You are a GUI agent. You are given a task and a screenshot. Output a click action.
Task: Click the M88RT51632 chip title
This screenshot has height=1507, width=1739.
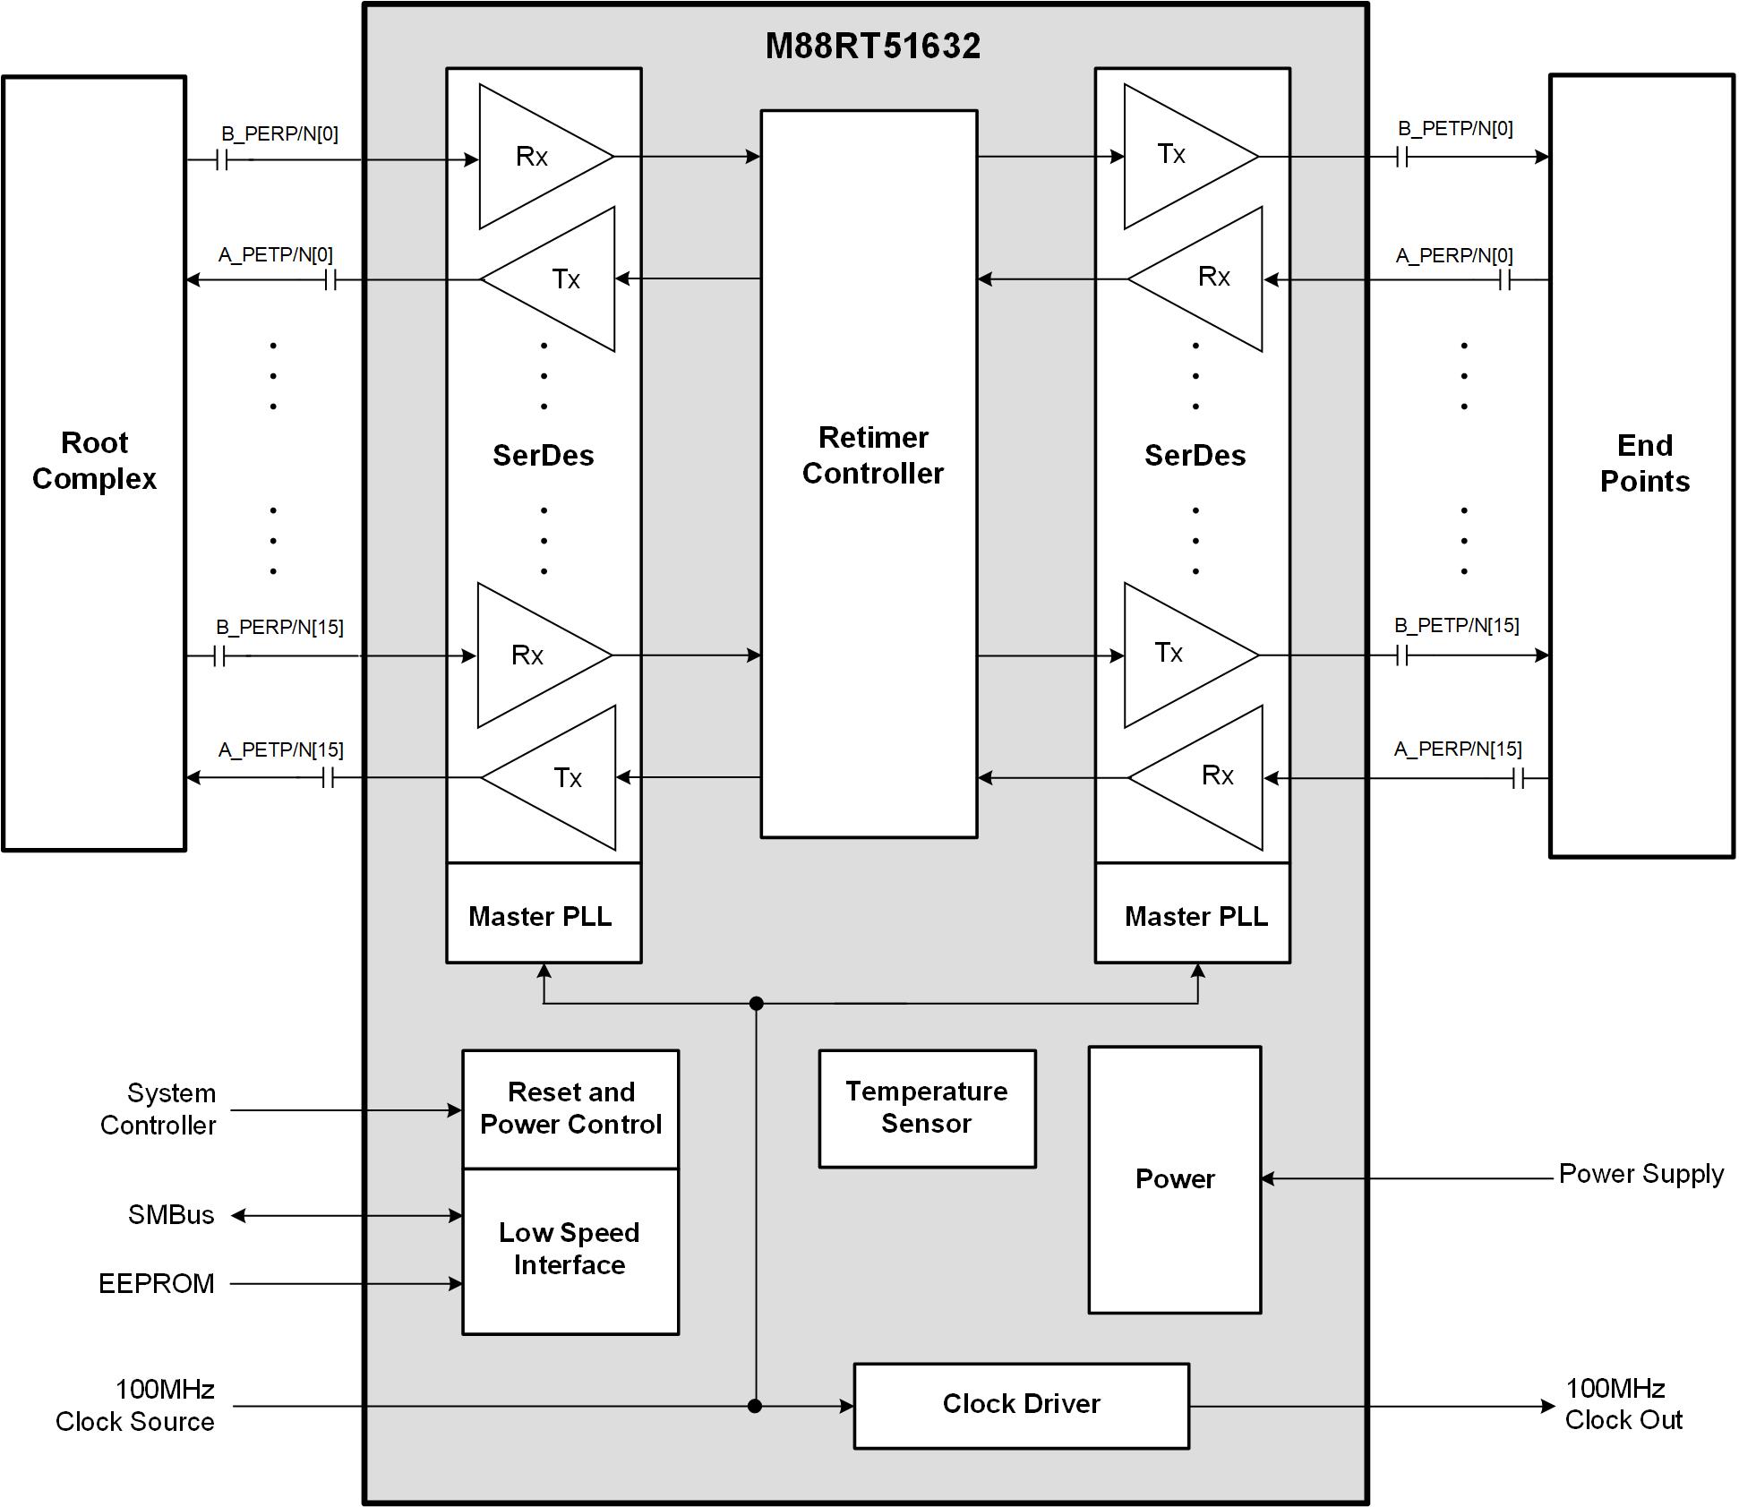[x=872, y=47]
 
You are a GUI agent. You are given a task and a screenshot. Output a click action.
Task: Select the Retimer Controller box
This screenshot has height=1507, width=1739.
[x=869, y=474]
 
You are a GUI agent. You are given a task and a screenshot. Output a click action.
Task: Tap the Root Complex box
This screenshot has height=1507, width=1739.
[x=94, y=462]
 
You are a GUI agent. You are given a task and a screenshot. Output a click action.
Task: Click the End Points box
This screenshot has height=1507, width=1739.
[x=1642, y=465]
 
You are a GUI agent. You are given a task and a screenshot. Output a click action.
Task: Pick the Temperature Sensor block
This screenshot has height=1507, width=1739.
[x=927, y=1108]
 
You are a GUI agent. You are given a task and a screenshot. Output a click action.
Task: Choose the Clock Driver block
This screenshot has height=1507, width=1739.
[x=1021, y=1404]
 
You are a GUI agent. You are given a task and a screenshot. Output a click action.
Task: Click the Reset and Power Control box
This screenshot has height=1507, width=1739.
[x=570, y=1109]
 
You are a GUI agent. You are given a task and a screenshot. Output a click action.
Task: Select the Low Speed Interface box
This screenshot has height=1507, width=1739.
[x=570, y=1250]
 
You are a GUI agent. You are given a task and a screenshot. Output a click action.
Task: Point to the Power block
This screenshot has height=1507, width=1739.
[x=1174, y=1179]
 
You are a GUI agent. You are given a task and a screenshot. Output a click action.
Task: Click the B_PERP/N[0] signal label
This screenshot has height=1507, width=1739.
[x=279, y=134]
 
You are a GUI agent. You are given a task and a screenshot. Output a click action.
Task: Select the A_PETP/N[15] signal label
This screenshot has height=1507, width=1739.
[x=280, y=749]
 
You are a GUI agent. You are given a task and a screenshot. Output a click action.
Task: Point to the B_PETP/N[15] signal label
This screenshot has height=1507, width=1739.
[x=1456, y=626]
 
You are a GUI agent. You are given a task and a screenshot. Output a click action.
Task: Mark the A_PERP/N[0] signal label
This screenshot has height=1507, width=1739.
[x=1454, y=256]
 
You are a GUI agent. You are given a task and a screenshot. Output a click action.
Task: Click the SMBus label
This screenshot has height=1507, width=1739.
[x=171, y=1215]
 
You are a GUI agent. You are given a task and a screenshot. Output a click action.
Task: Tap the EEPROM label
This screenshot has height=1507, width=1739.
[x=157, y=1284]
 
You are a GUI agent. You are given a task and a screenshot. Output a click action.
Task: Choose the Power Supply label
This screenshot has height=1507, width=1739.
[x=1640, y=1174]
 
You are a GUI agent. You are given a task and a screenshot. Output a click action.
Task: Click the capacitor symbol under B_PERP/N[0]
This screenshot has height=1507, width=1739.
[x=224, y=160]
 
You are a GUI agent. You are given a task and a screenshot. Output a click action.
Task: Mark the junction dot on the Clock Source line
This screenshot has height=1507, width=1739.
[x=755, y=1406]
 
